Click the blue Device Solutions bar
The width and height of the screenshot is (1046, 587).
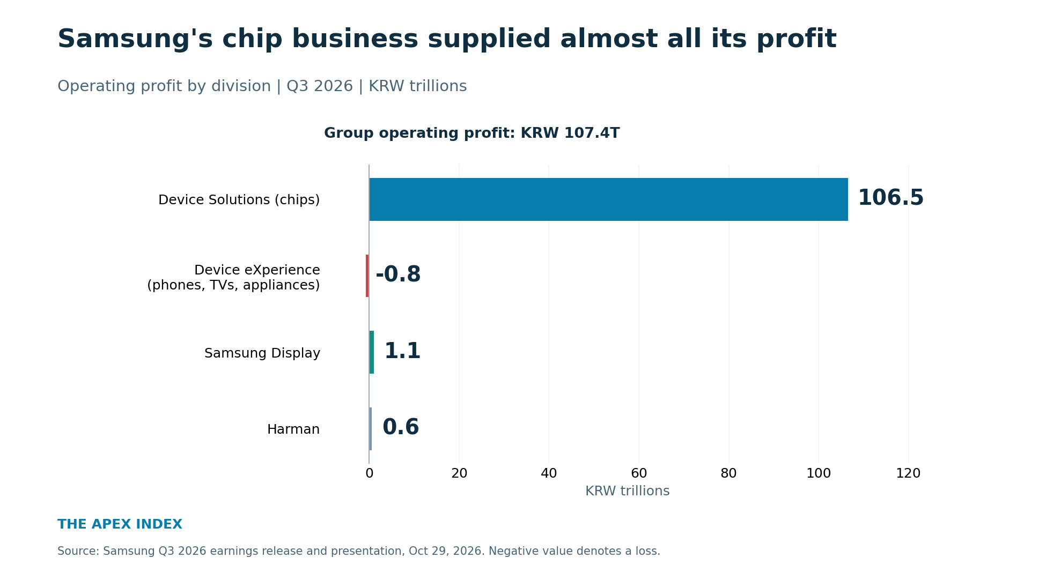tap(608, 199)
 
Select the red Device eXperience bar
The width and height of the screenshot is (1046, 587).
tap(367, 276)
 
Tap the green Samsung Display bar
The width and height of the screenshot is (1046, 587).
tap(372, 352)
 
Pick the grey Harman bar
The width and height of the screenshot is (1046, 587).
tap(371, 429)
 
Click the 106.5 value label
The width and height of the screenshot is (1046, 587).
tap(890, 198)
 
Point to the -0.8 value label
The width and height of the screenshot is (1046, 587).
tap(398, 274)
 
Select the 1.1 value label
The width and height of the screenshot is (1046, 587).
tap(402, 351)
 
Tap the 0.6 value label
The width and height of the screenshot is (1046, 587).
tap(401, 428)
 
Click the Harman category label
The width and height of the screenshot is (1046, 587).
tap(293, 429)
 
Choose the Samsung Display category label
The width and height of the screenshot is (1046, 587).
tap(262, 353)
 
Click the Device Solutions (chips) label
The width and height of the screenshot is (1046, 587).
tap(239, 200)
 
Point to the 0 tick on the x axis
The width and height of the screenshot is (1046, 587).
tap(369, 473)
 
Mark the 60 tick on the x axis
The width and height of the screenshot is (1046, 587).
tap(639, 473)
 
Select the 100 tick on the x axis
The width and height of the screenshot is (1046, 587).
tap(819, 473)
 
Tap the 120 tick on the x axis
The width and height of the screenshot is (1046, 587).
tap(908, 473)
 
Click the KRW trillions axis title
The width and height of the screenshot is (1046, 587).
tap(627, 491)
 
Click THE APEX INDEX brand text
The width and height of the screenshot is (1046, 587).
tap(120, 524)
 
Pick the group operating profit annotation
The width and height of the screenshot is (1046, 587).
tap(472, 133)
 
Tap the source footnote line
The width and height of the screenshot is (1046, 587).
tap(359, 551)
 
